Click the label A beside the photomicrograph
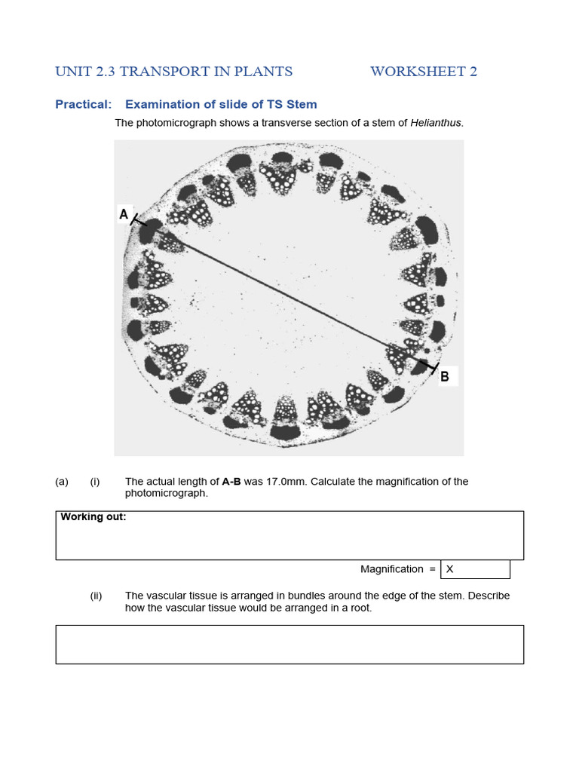point(124,215)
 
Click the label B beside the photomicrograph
point(445,376)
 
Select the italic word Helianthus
point(437,123)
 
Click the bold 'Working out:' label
point(93,517)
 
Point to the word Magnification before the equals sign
point(391,569)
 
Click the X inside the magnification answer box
point(450,569)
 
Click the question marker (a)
point(62,482)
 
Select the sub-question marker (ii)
point(96,596)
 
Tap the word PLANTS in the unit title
point(263,72)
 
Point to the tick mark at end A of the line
point(139,221)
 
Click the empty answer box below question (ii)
point(289,644)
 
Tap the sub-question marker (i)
point(95,482)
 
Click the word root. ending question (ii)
point(360,608)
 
